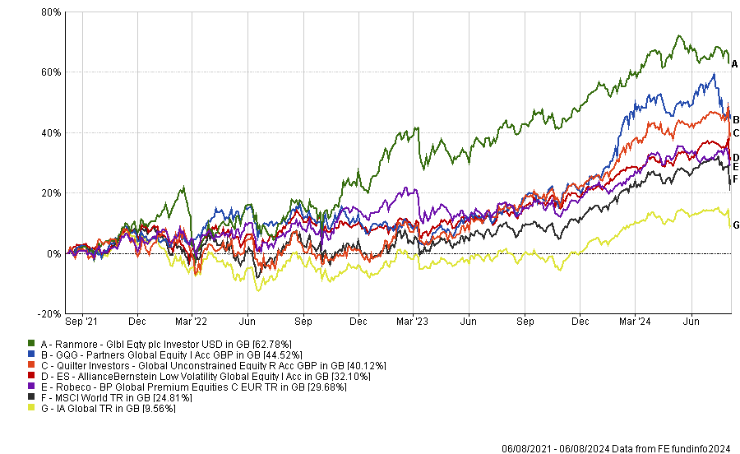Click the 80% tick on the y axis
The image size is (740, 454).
pyautogui.click(x=51, y=13)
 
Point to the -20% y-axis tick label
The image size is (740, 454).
pyautogui.click(x=49, y=314)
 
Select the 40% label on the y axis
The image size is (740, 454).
pyautogui.click(x=51, y=133)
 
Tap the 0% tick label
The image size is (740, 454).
pyautogui.click(x=54, y=254)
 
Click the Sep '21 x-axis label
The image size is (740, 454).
pyautogui.click(x=81, y=322)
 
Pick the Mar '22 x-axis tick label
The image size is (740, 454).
pyautogui.click(x=191, y=322)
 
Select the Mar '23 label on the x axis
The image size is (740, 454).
pyautogui.click(x=413, y=322)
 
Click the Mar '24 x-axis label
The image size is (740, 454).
pyautogui.click(x=634, y=322)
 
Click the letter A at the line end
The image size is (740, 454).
pyautogui.click(x=735, y=63)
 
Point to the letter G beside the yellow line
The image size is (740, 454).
pyautogui.click(x=735, y=225)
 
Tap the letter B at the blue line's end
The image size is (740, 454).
pyautogui.click(x=735, y=120)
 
